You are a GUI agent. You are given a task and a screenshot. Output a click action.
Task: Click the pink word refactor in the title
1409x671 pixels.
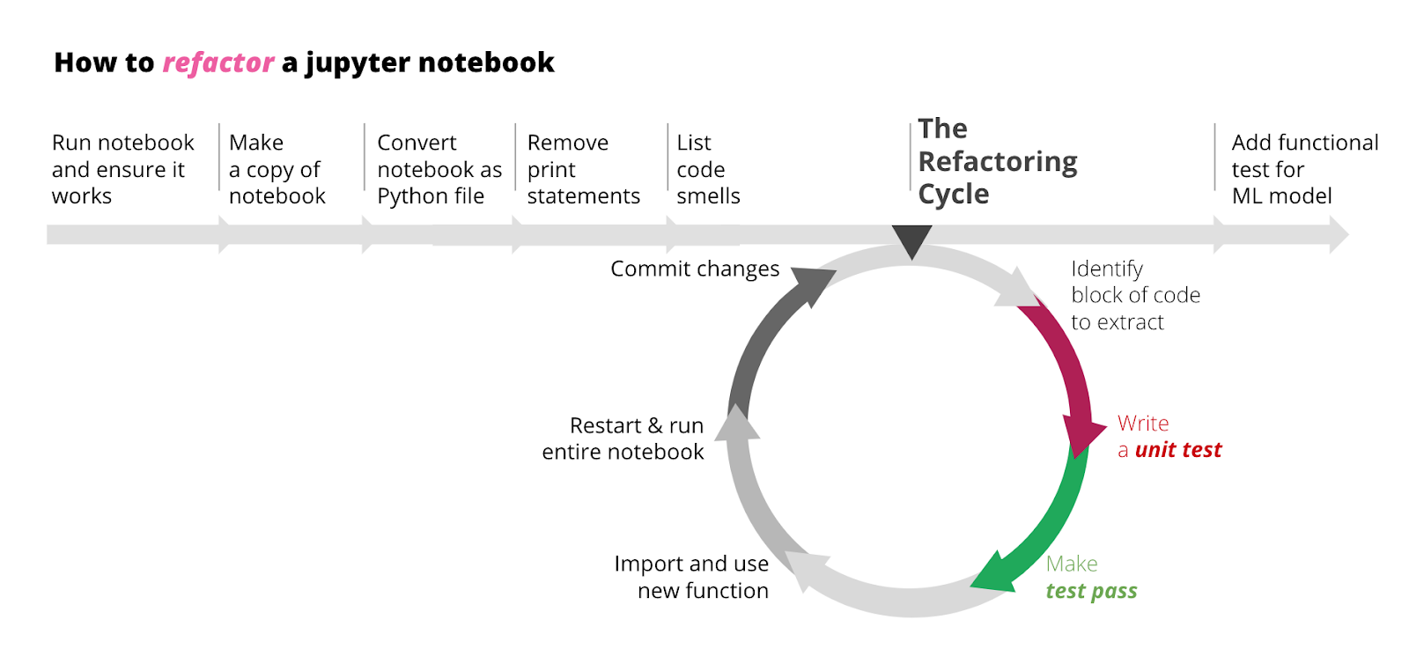coord(218,63)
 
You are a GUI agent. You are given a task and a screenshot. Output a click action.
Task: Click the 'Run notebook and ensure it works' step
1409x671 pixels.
coord(122,169)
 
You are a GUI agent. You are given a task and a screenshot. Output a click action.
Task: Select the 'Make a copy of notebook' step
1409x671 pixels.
coord(277,169)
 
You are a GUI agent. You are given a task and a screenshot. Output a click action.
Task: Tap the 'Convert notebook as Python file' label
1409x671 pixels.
coord(439,169)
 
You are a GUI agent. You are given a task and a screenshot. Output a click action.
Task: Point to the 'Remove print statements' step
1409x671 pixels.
coord(582,169)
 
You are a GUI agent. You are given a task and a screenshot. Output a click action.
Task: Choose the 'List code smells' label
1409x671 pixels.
coord(707,169)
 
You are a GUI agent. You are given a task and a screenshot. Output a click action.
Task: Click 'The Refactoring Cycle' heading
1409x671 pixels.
coord(996,161)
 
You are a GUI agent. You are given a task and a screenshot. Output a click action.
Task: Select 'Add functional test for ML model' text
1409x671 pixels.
coord(1303,169)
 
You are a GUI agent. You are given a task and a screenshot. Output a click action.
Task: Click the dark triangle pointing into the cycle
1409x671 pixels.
coord(911,238)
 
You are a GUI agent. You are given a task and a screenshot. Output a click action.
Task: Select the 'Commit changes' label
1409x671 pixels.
coord(695,269)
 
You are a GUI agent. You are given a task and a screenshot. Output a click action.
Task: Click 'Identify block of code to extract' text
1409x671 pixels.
coord(1134,295)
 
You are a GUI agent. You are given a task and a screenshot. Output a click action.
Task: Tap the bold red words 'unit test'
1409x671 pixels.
coord(1177,450)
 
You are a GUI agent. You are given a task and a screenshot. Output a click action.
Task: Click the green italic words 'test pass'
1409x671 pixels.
coord(1091,591)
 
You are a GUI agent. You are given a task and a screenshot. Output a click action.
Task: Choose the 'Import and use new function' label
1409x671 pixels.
coord(692,577)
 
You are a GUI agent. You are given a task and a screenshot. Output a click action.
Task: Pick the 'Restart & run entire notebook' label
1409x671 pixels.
coord(623,439)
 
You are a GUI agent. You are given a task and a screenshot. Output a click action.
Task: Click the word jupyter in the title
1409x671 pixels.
coord(358,63)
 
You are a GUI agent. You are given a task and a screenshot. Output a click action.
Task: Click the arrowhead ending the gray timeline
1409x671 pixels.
coord(1338,234)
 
